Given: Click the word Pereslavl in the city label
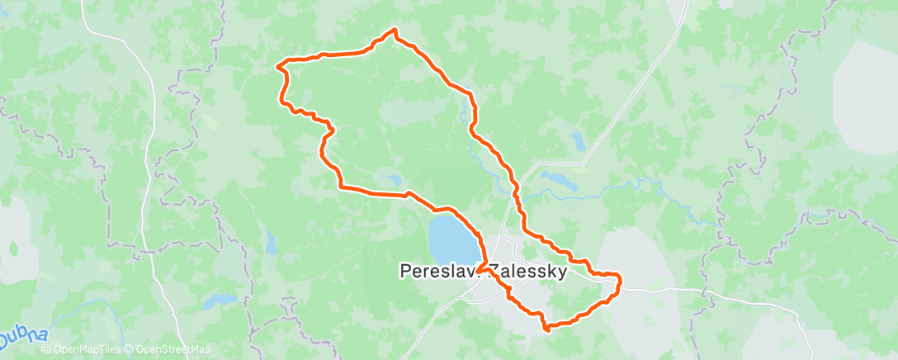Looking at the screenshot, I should [435, 270].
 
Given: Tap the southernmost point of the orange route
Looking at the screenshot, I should [546, 329].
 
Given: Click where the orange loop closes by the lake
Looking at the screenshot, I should [479, 268].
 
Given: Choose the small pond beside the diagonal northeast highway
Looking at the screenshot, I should [579, 141].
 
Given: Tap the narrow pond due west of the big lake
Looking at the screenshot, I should [270, 242].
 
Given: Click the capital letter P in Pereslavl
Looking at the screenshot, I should [404, 270].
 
